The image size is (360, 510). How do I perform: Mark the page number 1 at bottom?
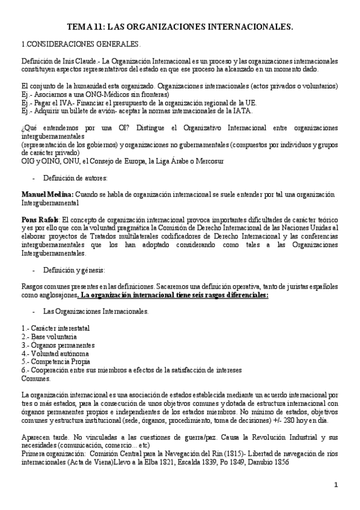[337, 485]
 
